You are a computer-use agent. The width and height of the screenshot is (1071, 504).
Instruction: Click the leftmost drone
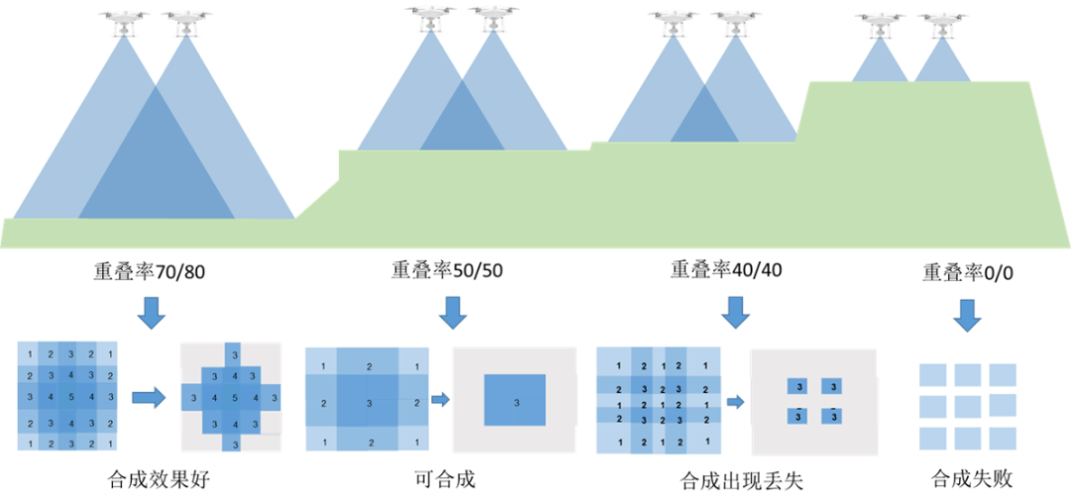click(x=124, y=18)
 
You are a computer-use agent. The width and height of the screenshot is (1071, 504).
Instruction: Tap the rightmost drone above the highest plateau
click(x=941, y=21)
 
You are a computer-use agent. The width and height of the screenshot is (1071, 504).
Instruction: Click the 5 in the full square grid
click(x=70, y=398)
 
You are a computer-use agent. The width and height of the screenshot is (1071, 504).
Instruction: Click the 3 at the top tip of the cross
click(x=234, y=354)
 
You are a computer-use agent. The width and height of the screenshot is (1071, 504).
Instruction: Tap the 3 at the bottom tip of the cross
click(x=235, y=443)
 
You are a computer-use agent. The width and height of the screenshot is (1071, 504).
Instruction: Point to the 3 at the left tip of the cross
click(x=193, y=398)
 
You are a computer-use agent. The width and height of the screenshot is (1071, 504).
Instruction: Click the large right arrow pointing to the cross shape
click(x=149, y=398)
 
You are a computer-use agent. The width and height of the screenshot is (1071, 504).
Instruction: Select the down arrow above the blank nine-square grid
click(x=966, y=315)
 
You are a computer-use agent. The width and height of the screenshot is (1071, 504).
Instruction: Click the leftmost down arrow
click(x=151, y=312)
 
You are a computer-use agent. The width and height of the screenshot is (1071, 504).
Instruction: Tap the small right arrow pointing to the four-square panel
click(x=735, y=402)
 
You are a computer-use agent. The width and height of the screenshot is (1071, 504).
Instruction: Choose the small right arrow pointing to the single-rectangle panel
click(x=440, y=400)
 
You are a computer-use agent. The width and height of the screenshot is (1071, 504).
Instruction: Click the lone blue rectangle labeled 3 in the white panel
click(x=515, y=401)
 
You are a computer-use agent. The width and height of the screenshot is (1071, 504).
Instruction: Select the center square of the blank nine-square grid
click(x=967, y=406)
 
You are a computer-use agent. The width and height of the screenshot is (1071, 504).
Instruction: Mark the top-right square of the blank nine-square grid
click(x=1002, y=375)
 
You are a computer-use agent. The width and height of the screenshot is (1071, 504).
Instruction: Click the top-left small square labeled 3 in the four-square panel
click(x=798, y=386)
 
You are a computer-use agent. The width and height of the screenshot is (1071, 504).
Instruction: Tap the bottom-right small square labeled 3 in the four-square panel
click(x=833, y=417)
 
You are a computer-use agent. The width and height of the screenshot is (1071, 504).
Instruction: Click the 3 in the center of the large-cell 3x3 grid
click(x=369, y=403)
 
